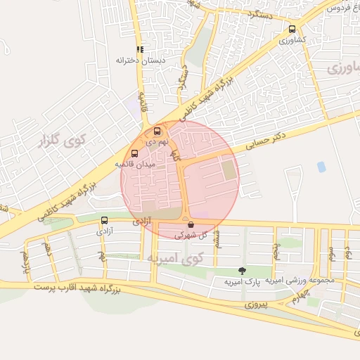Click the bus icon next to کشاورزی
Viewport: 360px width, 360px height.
(x=292, y=30)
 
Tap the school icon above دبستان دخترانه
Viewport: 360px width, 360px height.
(x=141, y=50)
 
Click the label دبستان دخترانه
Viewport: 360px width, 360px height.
(x=141, y=60)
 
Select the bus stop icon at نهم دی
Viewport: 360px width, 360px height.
(x=156, y=131)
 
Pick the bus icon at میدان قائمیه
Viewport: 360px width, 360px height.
(x=134, y=154)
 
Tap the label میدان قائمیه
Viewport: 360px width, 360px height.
(x=135, y=165)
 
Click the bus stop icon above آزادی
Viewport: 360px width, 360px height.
(x=105, y=220)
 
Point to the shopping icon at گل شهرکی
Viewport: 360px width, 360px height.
(x=191, y=225)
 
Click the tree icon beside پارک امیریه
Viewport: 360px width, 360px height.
(x=243, y=271)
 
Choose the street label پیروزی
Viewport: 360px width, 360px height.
(x=257, y=306)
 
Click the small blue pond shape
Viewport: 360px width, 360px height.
(x=321, y=167)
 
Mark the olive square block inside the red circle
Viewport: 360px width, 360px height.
(x=229, y=169)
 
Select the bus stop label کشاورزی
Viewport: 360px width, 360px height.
(x=292, y=41)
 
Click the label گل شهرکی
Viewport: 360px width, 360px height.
(x=191, y=236)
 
